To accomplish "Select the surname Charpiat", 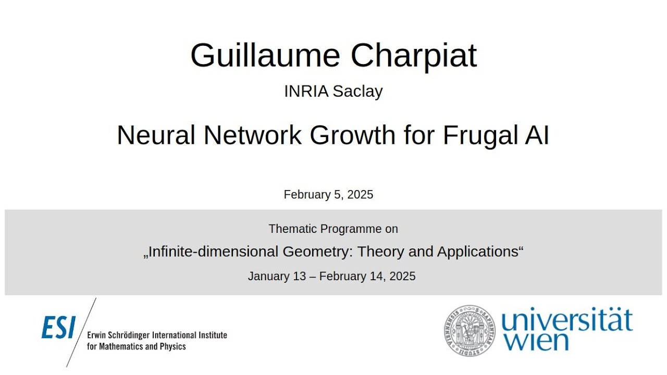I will pyautogui.click(x=413, y=55).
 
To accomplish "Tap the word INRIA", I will pyautogui.click(x=306, y=91).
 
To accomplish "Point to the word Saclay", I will pyautogui.click(x=357, y=91).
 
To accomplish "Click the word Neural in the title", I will pyautogui.click(x=156, y=135).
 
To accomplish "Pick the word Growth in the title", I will pyautogui.click(x=353, y=135).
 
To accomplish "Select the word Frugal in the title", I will pyautogui.click(x=473, y=135).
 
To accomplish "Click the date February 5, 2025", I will pyautogui.click(x=328, y=195).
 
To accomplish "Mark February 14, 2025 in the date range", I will pyautogui.click(x=367, y=276).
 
